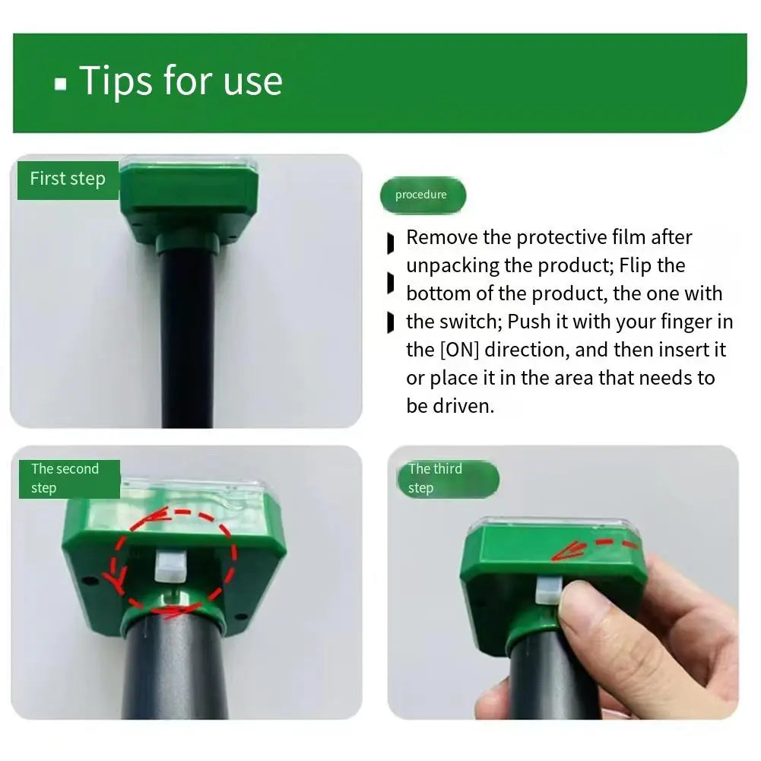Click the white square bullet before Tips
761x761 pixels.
pyautogui.click(x=60, y=84)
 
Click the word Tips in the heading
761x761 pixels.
pyautogui.click(x=116, y=81)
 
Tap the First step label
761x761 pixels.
pyautogui.click(x=68, y=179)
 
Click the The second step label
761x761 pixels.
pyautogui.click(x=69, y=478)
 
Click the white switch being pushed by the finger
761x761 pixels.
pyautogui.click(x=548, y=590)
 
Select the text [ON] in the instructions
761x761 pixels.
pyautogui.click(x=459, y=350)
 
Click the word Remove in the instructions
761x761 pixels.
pyautogui.click(x=442, y=237)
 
